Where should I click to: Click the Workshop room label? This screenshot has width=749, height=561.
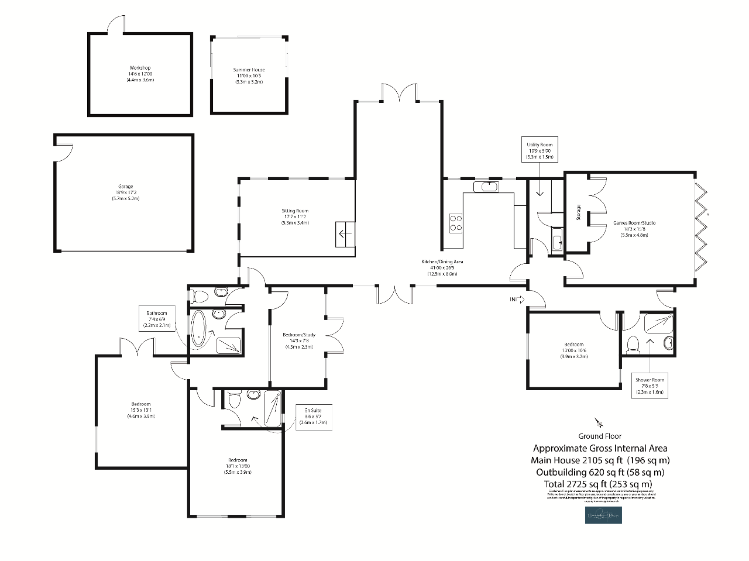(140, 74)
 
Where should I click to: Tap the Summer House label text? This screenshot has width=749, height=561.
(249, 75)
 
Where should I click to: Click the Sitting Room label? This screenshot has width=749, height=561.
(295, 216)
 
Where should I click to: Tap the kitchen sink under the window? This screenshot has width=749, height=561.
(485, 187)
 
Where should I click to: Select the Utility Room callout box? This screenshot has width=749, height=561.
(539, 150)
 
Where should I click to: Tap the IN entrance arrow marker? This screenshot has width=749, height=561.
(517, 300)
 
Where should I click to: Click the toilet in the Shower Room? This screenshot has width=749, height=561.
(632, 344)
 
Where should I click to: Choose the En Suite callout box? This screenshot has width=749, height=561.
(313, 417)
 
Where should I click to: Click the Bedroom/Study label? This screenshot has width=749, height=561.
(299, 340)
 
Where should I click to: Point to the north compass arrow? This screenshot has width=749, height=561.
(599, 422)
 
